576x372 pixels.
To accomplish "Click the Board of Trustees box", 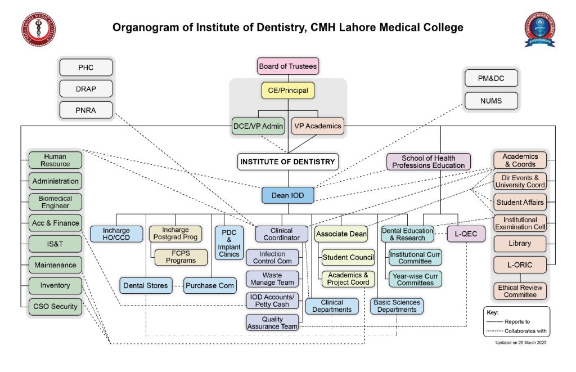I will click(x=287, y=66).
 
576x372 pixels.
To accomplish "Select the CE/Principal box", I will click(x=287, y=90).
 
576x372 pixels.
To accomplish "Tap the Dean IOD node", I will click(x=287, y=195).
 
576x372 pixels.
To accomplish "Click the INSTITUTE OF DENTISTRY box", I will click(x=287, y=162).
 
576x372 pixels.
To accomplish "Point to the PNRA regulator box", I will click(x=86, y=110).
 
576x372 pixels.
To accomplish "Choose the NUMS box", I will click(x=491, y=101).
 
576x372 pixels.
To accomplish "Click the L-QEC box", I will click(x=466, y=234).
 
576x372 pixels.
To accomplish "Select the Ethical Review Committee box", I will click(x=520, y=291).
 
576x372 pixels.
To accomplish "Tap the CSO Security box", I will click(x=55, y=306).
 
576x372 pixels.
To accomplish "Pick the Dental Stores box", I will click(x=145, y=285).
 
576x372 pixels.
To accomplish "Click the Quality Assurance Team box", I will click(x=272, y=322).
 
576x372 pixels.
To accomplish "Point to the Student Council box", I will click(x=348, y=258).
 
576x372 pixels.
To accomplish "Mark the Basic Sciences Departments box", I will click(x=397, y=306).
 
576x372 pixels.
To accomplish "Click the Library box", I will click(x=520, y=244).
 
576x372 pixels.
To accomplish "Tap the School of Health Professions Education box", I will click(x=428, y=162).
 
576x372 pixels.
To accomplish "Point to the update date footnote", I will click(x=520, y=342).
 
